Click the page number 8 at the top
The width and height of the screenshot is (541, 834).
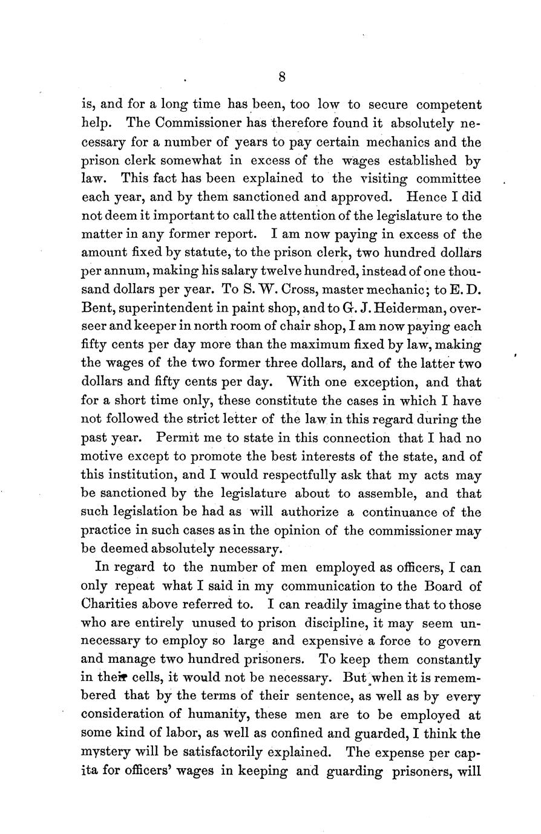pos(282,76)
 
